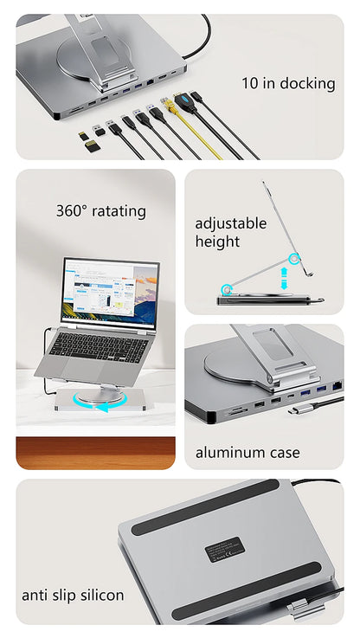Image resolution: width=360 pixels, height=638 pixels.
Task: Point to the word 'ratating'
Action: coord(119,210)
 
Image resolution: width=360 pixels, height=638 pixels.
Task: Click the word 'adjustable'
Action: coord(230,223)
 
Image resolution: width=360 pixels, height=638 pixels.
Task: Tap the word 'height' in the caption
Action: coord(217,242)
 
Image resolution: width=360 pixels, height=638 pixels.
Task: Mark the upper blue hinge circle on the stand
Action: coord(295,258)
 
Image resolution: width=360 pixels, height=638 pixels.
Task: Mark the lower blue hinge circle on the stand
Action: coord(228,290)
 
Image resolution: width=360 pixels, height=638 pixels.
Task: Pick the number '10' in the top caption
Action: coord(251,84)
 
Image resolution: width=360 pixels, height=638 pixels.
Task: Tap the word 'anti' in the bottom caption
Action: coord(35,596)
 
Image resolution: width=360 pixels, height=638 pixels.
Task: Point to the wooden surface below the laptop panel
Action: coord(95,453)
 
